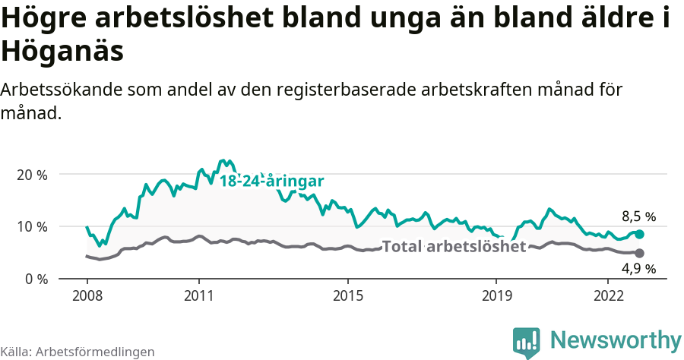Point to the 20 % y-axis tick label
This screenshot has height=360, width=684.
click(x=31, y=174)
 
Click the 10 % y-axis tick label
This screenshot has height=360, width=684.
click(x=31, y=226)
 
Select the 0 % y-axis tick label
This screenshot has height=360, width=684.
click(x=35, y=279)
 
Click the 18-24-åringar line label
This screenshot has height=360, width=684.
click(x=272, y=182)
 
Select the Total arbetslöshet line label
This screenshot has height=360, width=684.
click(x=454, y=247)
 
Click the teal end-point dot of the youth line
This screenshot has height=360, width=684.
click(x=639, y=235)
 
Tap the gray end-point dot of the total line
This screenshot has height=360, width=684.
click(x=639, y=253)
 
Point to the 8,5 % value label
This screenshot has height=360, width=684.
click(x=638, y=216)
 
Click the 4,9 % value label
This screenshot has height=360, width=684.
click(x=638, y=268)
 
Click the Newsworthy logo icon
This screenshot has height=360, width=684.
click(x=527, y=342)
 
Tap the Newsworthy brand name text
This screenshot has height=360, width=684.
click(x=616, y=339)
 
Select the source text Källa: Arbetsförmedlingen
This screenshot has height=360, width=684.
click(x=78, y=352)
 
